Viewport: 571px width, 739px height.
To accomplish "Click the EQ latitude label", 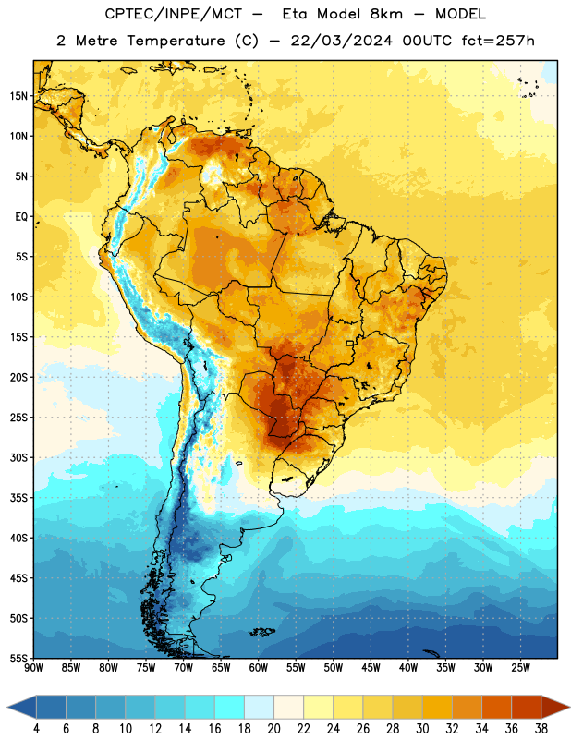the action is click(21, 217).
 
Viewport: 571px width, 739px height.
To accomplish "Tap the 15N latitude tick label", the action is click(18, 96).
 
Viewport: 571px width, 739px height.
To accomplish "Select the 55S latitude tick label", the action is click(18, 658).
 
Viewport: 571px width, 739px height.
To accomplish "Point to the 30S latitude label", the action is click(18, 457).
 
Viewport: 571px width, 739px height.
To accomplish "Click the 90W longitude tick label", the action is click(33, 668).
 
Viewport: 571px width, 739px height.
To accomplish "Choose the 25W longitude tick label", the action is click(520, 668).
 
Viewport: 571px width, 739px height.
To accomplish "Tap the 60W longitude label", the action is click(259, 668).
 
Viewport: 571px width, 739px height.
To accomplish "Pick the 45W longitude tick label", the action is click(371, 668).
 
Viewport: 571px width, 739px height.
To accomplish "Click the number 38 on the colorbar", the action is click(541, 729).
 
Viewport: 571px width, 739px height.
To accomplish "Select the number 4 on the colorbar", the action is click(36, 729).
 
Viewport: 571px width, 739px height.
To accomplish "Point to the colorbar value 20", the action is click(273, 729).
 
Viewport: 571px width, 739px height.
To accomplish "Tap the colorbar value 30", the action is click(422, 729).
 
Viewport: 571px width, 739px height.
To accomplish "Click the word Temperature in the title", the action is click(176, 41).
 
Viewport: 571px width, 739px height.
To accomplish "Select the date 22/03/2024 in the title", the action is click(341, 41).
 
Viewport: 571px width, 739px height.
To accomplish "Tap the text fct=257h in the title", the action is click(498, 41).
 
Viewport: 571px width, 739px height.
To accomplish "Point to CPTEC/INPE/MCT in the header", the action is click(174, 14).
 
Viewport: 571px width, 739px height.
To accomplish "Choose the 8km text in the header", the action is click(386, 14).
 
